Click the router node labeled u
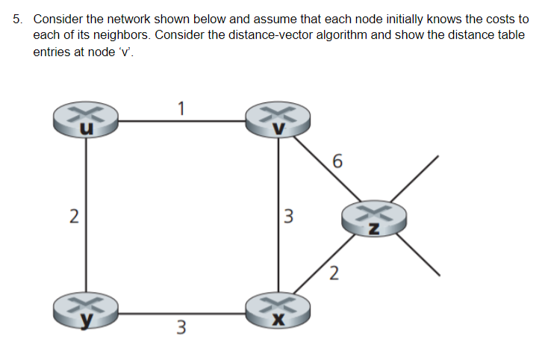(x=84, y=120)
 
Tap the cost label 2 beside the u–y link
(x=73, y=217)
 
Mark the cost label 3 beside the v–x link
(x=290, y=218)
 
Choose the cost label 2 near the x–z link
(x=334, y=273)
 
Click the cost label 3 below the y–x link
(x=181, y=326)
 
